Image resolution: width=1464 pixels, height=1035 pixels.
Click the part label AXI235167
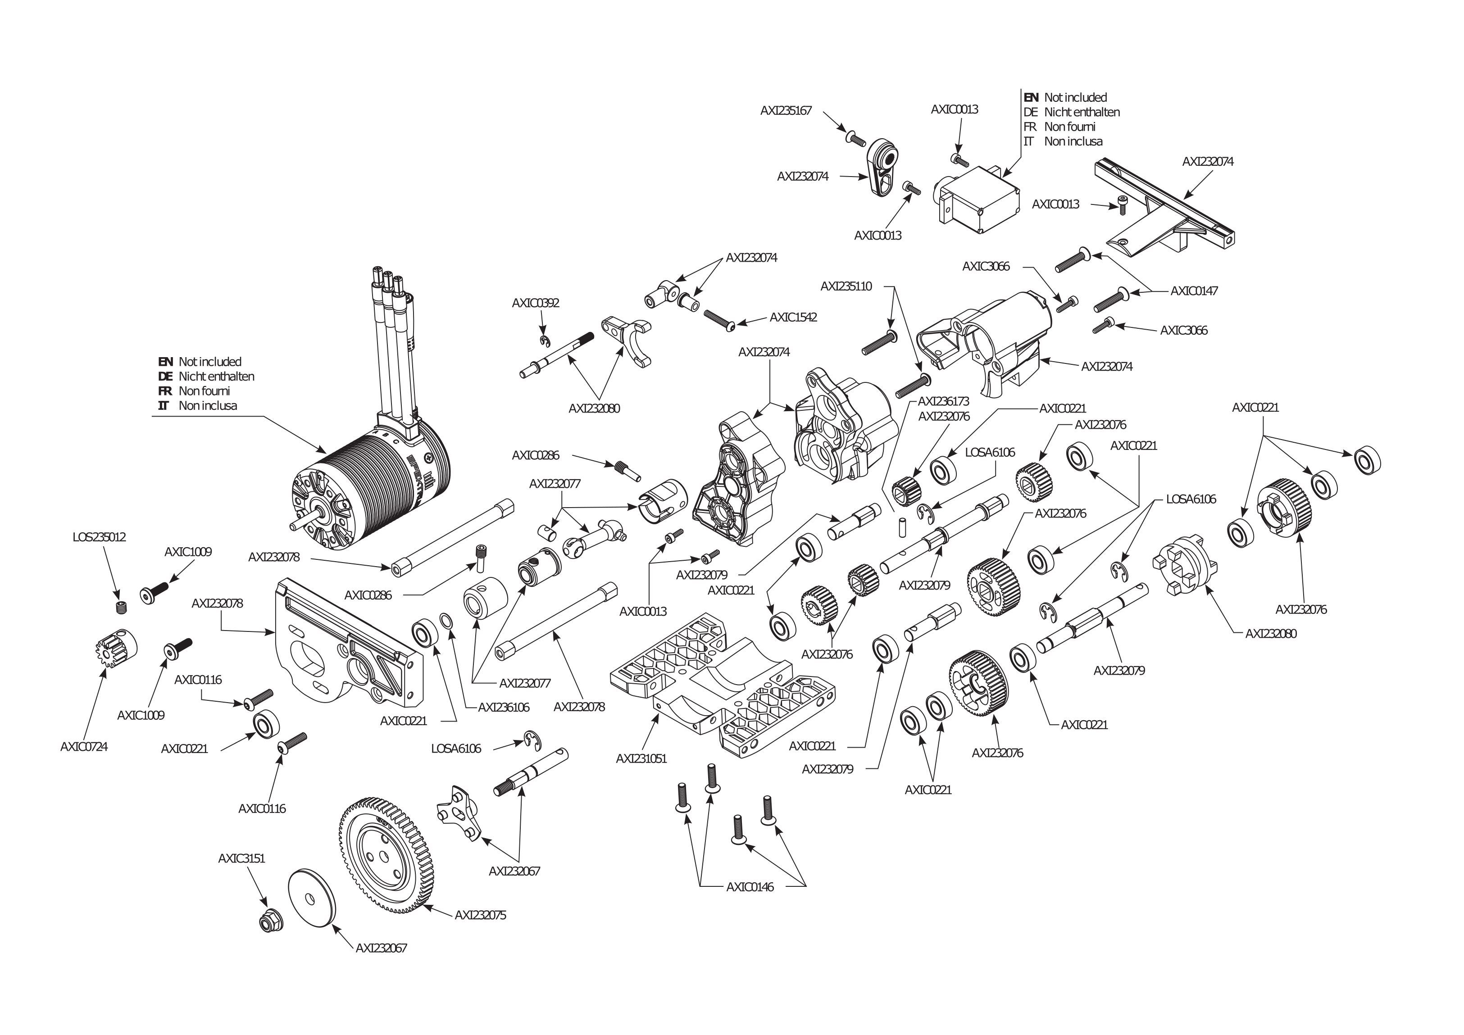(x=786, y=111)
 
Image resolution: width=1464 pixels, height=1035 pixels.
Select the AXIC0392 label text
(x=535, y=303)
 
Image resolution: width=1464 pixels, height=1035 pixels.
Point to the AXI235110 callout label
(x=846, y=286)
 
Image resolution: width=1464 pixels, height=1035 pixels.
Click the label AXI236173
(x=943, y=401)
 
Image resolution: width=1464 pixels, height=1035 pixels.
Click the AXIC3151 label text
(x=241, y=858)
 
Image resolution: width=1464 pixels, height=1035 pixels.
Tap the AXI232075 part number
(x=480, y=915)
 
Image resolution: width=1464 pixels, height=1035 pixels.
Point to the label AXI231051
(x=641, y=758)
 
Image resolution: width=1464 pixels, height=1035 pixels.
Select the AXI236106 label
(x=504, y=707)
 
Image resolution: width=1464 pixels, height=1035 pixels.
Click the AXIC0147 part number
(x=1194, y=291)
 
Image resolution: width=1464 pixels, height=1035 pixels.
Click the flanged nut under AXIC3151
(x=270, y=922)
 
